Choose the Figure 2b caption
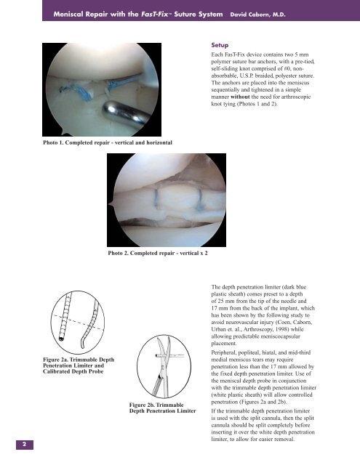[156, 409]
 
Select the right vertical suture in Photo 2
[197, 213]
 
